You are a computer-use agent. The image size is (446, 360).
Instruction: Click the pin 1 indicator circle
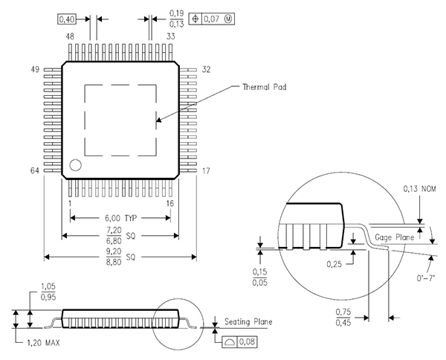pyautogui.click(x=75, y=165)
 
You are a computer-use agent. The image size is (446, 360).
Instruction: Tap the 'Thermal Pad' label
pyautogui.click(x=264, y=87)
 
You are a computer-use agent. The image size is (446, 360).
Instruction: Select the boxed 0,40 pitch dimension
pyautogui.click(x=67, y=19)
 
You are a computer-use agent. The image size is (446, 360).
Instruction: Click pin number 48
pyautogui.click(x=70, y=36)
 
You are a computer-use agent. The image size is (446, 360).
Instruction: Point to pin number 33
pyautogui.click(x=171, y=36)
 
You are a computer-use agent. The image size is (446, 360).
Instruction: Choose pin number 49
pyautogui.click(x=35, y=69)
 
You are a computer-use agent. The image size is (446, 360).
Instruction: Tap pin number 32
pyautogui.click(x=206, y=69)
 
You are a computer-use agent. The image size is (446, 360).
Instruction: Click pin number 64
pyautogui.click(x=35, y=170)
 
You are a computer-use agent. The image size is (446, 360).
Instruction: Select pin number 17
pyautogui.click(x=206, y=171)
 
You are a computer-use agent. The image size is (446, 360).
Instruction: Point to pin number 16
pyautogui.click(x=169, y=204)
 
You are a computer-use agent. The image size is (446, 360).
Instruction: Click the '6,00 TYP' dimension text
pyautogui.click(x=121, y=218)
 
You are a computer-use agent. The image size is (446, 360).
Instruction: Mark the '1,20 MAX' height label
pyautogui.click(x=44, y=343)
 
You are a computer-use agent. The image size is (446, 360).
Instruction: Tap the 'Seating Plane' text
pyautogui.click(x=248, y=322)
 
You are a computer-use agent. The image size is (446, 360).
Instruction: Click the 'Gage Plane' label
pyautogui.click(x=394, y=237)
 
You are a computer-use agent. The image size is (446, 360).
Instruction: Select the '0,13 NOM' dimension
pyautogui.click(x=419, y=189)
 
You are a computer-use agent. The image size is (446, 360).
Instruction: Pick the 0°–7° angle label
pyautogui.click(x=426, y=277)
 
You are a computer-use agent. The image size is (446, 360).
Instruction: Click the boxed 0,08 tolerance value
pyautogui.click(x=247, y=341)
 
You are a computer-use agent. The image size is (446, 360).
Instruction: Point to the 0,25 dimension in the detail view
pyautogui.click(x=334, y=264)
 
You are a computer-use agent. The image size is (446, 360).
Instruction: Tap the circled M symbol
pyautogui.click(x=228, y=19)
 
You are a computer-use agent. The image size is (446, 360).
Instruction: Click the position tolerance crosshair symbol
pyautogui.click(x=195, y=19)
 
